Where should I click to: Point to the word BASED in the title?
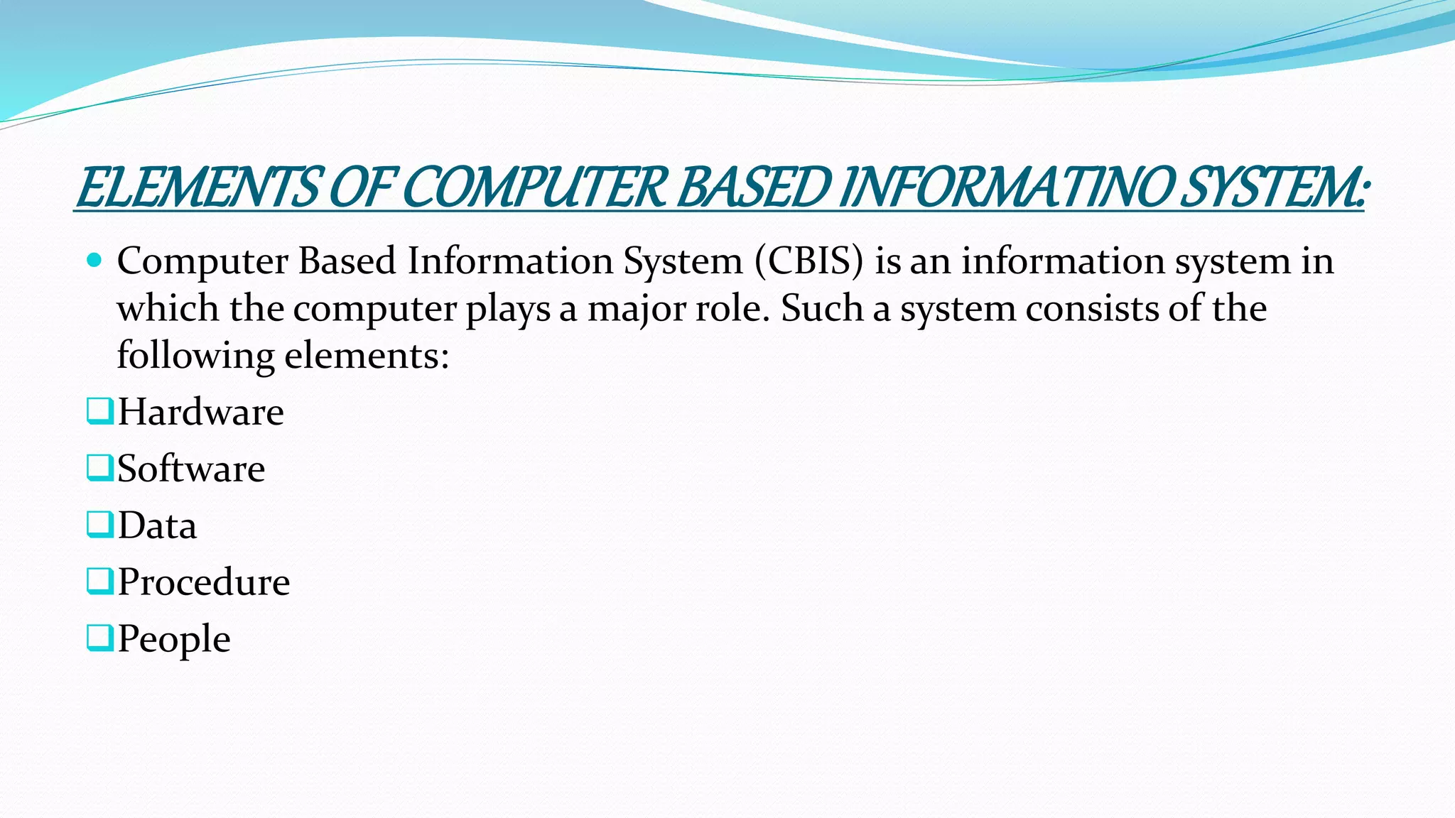pyautogui.click(x=752, y=188)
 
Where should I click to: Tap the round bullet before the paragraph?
pyautogui.click(x=94, y=260)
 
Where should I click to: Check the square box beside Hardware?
pyautogui.click(x=99, y=411)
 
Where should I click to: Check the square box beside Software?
pyautogui.click(x=99, y=468)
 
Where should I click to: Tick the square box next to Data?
pyautogui.click(x=99, y=525)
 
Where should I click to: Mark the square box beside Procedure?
pyautogui.click(x=99, y=582)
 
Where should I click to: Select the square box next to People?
pyautogui.click(x=99, y=638)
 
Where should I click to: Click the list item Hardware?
pyautogui.click(x=200, y=412)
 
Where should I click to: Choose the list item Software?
pyautogui.click(x=191, y=469)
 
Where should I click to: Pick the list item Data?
pyautogui.click(x=157, y=525)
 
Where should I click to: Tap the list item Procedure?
pyautogui.click(x=204, y=582)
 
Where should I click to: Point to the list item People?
pyautogui.click(x=174, y=639)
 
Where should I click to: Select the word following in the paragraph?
pyautogui.click(x=195, y=356)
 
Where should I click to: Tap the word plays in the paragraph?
pyautogui.click(x=508, y=310)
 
